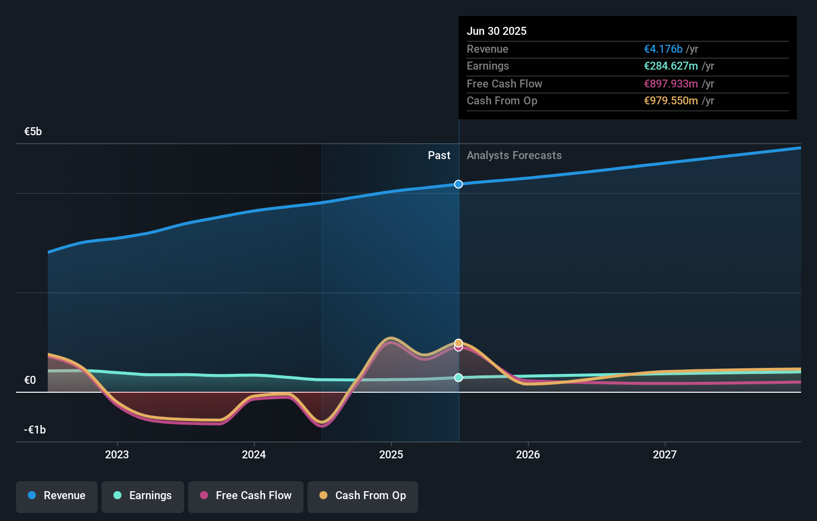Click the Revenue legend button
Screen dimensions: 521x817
(57, 496)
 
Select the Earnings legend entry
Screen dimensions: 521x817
(143, 496)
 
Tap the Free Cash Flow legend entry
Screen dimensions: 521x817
(246, 496)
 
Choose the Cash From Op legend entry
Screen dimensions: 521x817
(363, 496)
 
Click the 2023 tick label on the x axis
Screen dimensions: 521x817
(117, 454)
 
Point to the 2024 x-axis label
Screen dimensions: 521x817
(254, 454)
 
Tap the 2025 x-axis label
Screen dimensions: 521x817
(391, 454)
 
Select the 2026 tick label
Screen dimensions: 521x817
(528, 454)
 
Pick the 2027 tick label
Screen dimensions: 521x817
(665, 454)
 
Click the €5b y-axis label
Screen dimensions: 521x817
(33, 132)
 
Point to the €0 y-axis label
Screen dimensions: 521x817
(30, 380)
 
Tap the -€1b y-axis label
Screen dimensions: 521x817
(35, 430)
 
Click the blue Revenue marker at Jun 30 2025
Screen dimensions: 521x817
(458, 184)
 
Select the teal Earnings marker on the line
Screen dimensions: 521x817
(458, 378)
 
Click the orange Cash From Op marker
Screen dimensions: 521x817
(458, 343)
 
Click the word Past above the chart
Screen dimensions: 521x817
(439, 156)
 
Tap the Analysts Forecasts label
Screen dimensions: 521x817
(514, 156)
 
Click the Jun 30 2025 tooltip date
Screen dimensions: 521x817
(496, 31)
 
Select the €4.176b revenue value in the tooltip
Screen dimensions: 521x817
(663, 49)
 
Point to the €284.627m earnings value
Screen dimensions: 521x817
(671, 66)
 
